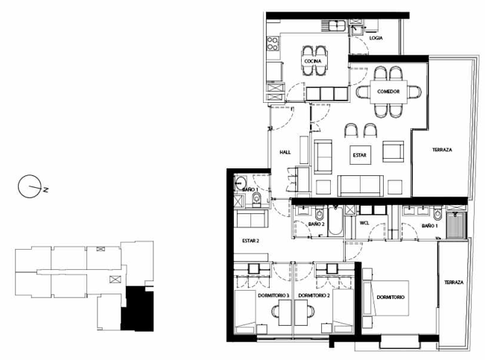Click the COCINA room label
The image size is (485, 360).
[x=313, y=61]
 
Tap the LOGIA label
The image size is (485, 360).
[x=375, y=38]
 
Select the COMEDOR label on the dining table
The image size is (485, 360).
[x=388, y=92]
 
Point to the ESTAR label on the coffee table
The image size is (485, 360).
[x=359, y=155]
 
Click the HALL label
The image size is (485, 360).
[x=285, y=152]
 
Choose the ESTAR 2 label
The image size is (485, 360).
[x=250, y=241]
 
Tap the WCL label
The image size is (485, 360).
[x=364, y=223]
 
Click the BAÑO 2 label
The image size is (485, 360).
[x=316, y=224]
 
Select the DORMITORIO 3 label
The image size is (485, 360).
[x=273, y=296]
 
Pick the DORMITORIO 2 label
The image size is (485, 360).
[x=314, y=296]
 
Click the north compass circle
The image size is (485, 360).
[x=29, y=186]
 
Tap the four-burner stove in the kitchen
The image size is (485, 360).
[x=273, y=44]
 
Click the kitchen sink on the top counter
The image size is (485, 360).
[x=337, y=25]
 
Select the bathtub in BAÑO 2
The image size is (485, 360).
[x=335, y=221]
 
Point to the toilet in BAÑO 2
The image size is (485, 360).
[x=319, y=213]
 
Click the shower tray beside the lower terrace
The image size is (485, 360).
[x=457, y=225]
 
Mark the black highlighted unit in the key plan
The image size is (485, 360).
[x=137, y=309]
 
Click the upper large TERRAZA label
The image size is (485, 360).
[x=442, y=150]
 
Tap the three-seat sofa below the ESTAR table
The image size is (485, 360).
[x=361, y=186]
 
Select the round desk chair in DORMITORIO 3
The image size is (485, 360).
[x=275, y=311]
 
